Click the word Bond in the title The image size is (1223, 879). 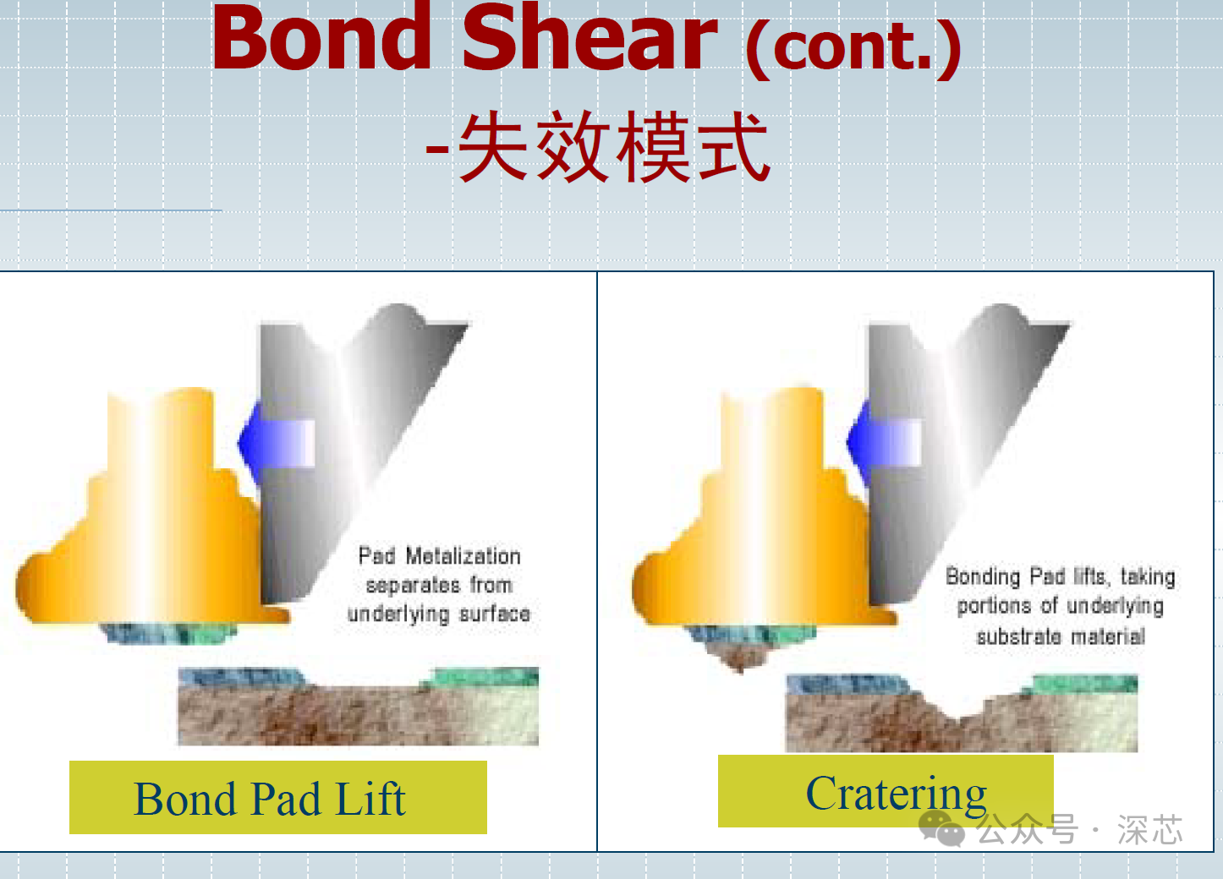pos(322,37)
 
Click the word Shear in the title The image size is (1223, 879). pos(590,37)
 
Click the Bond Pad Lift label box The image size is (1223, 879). pos(278,797)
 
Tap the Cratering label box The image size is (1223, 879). pos(886,791)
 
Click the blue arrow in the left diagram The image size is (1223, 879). pos(277,443)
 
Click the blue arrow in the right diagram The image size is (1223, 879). pos(884,443)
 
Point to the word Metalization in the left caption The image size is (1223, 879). pos(463,556)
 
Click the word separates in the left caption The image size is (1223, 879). pos(413,586)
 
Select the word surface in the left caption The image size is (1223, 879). pos(495,614)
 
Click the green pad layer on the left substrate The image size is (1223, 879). pos(484,677)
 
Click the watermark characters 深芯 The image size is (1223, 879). pos(1149,829)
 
